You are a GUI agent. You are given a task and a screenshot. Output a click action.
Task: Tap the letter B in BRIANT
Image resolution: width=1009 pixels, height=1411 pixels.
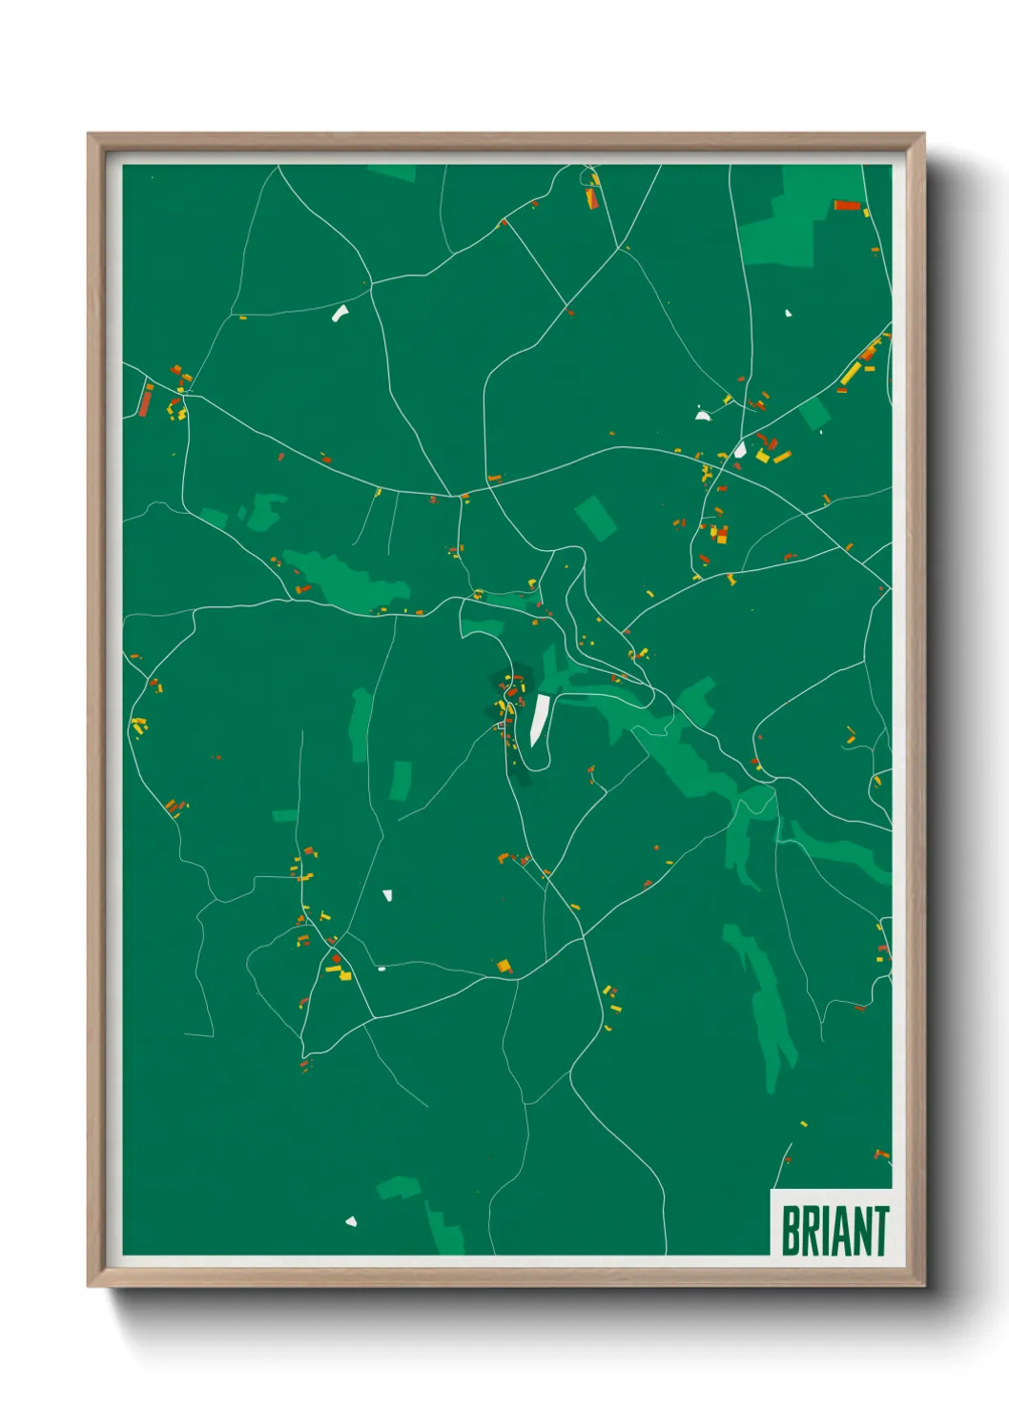tap(791, 1231)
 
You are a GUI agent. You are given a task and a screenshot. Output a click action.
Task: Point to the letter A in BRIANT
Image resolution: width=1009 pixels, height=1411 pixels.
tap(839, 1231)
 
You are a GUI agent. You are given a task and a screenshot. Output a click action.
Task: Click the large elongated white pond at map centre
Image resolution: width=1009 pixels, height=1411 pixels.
tap(540, 720)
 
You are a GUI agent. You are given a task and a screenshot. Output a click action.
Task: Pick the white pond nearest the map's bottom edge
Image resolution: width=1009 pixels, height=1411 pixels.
tap(351, 1221)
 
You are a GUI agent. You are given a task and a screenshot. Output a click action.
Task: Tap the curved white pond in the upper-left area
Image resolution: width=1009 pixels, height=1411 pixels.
tap(340, 313)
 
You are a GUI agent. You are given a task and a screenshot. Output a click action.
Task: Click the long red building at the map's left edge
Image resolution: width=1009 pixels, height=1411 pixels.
tap(146, 400)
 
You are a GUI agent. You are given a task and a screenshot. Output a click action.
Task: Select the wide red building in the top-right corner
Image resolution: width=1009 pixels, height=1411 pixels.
tap(847, 205)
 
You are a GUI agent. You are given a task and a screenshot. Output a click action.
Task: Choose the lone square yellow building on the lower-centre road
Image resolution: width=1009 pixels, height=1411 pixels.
tap(504, 966)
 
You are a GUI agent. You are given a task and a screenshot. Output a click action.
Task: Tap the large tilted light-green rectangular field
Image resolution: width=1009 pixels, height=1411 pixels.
tap(596, 518)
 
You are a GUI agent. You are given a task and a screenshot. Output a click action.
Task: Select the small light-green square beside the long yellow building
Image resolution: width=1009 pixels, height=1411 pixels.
tap(814, 415)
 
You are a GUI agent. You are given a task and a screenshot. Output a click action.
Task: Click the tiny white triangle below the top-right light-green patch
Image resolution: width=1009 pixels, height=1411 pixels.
tap(788, 313)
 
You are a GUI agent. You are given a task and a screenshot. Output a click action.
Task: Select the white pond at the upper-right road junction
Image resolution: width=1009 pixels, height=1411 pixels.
tap(740, 449)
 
